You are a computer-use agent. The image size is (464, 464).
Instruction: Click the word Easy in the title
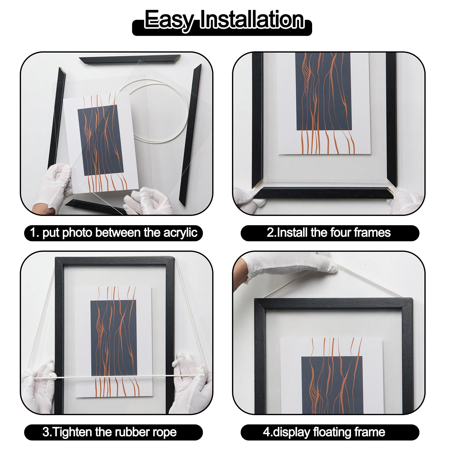[169, 20]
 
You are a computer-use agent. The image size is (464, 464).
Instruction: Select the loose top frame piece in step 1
[130, 60]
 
